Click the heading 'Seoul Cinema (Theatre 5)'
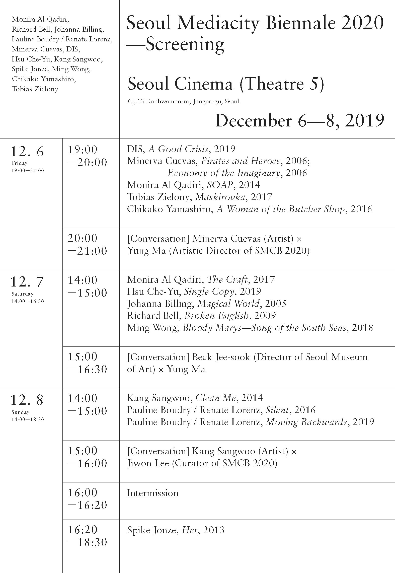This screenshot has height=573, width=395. click(x=226, y=84)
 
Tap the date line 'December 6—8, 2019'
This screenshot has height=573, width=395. click(x=299, y=121)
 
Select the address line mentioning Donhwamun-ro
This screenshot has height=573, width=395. click(x=183, y=102)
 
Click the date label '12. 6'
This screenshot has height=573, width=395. click(x=27, y=151)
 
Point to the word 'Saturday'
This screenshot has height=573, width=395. click(x=22, y=294)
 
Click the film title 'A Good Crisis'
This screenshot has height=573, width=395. click(x=178, y=149)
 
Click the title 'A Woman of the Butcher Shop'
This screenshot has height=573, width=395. click(x=281, y=209)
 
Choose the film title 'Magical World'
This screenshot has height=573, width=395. click(x=228, y=304)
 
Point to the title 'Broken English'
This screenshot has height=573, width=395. click(x=216, y=316)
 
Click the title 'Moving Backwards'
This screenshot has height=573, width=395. click(x=306, y=422)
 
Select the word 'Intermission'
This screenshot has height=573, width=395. click(x=152, y=493)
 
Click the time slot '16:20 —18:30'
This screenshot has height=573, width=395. click(x=87, y=536)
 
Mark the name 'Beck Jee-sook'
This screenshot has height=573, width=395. click(x=221, y=357)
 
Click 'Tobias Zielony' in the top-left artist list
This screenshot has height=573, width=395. click(x=35, y=89)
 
